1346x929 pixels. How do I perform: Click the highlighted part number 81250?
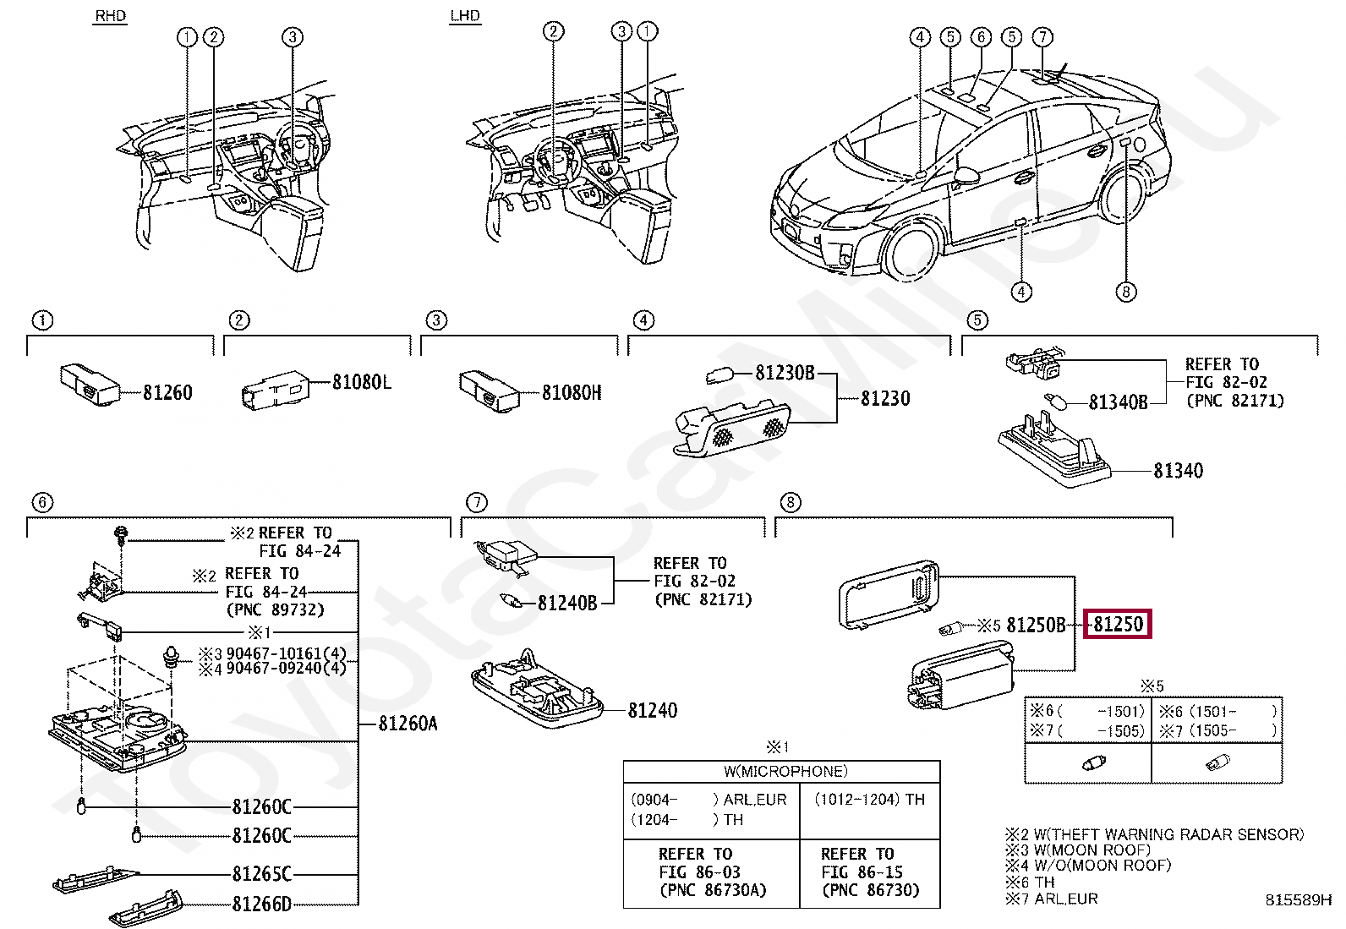1118,625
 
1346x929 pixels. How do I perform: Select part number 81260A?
408,724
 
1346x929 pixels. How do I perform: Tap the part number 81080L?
361,382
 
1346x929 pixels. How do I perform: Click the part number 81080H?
572,392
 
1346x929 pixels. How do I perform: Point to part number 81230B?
785,373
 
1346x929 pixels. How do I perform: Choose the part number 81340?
1178,471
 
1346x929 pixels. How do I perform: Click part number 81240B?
567,603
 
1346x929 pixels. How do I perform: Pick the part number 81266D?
262,904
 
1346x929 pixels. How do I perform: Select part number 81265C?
262,874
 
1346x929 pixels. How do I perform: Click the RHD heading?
110,16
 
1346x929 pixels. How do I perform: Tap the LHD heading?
465,16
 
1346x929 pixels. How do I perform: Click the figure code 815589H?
1298,900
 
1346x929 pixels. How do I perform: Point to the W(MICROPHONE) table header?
785,771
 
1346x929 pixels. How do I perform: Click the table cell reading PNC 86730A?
712,889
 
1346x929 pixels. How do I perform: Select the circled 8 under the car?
1125,292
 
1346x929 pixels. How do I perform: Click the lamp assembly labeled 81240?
538,691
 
